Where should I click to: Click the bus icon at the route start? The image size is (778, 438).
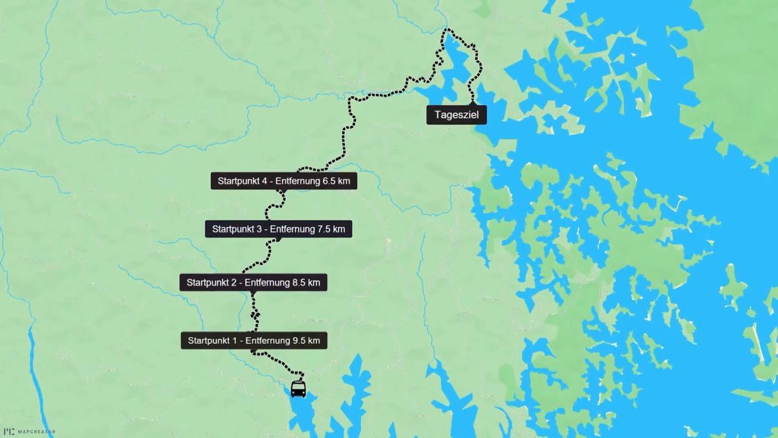tap(298, 389)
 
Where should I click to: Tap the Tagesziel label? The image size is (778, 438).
tap(456, 115)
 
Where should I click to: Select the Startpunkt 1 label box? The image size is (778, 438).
tap(253, 341)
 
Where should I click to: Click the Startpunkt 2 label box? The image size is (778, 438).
tap(253, 282)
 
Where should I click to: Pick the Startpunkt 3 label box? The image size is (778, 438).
tap(278, 228)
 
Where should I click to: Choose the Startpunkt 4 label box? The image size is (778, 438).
tap(284, 181)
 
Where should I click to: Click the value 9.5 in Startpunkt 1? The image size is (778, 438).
tap(299, 341)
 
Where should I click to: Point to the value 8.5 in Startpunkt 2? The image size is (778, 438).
tap(299, 282)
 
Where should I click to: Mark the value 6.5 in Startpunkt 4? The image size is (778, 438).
tap(329, 181)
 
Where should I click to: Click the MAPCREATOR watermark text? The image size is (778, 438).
tap(36, 432)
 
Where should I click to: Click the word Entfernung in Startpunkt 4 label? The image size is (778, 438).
tap(297, 181)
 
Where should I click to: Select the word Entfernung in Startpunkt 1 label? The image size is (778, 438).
tap(267, 341)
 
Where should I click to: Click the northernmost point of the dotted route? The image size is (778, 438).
tap(446, 29)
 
